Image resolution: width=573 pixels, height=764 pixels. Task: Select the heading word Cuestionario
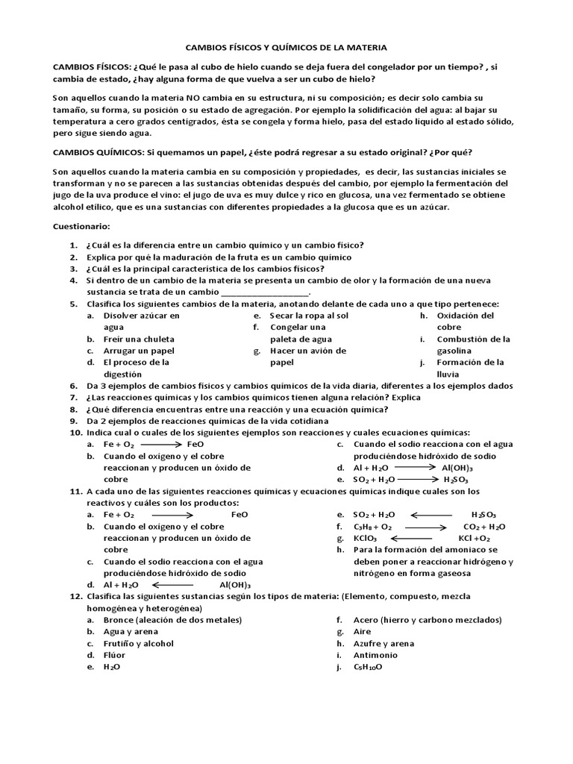coord(81,225)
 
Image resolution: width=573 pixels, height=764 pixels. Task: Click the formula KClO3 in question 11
coord(365,538)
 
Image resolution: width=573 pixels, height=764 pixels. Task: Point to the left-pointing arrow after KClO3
coord(411,538)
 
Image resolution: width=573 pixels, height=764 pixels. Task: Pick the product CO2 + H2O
coord(484,527)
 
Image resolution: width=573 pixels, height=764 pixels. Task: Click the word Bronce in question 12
coord(119,620)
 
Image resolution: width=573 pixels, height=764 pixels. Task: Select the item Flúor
coord(114,655)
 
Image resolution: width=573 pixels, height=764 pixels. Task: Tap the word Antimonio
coord(375,655)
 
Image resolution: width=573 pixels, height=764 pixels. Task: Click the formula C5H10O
coord(368,667)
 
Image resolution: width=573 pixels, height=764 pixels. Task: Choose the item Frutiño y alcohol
coord(138,643)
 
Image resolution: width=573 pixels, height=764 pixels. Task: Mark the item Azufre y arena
coord(383,643)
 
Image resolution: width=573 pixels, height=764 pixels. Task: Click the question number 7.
coord(74,398)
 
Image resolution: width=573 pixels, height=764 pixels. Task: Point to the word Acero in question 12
coord(366,620)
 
